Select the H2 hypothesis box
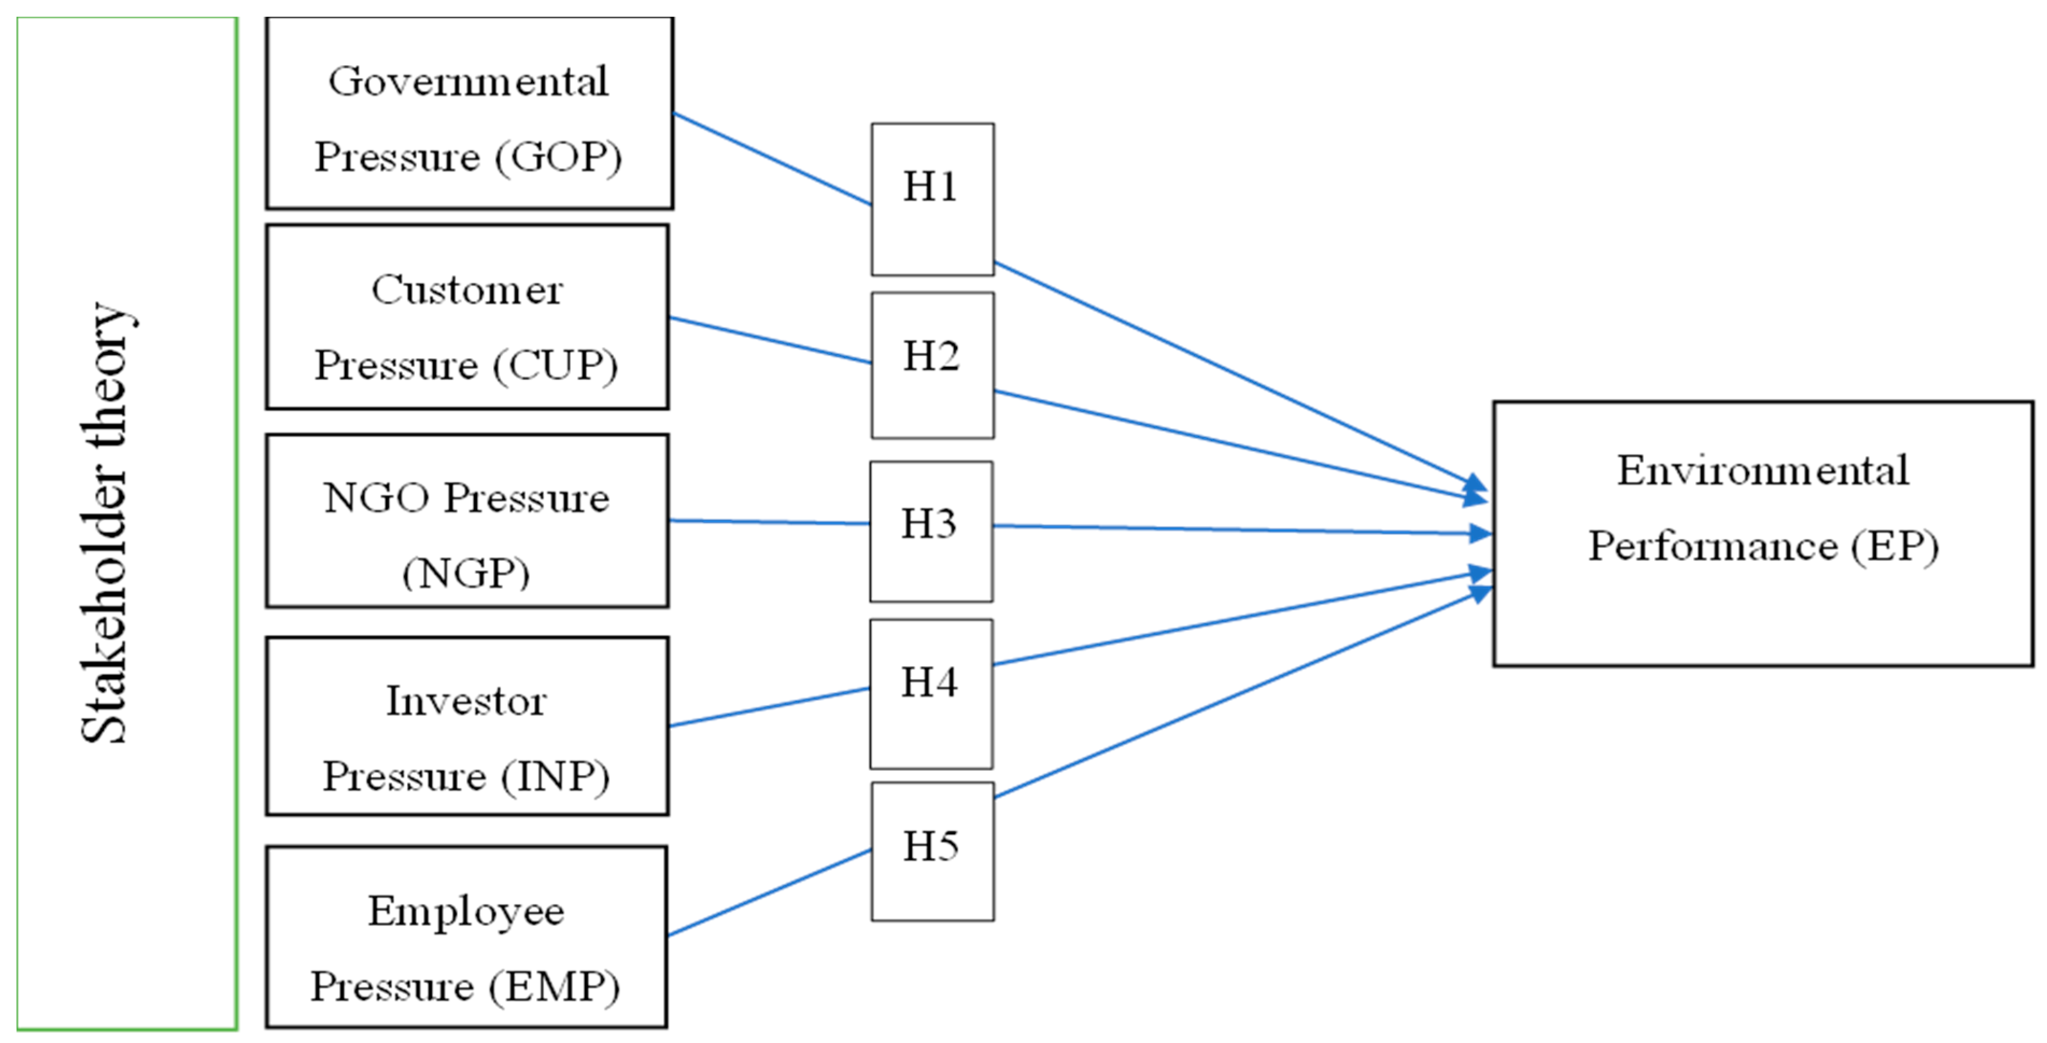tap(932, 365)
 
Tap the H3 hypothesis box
tap(931, 531)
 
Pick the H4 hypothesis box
tap(931, 693)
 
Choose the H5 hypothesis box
tap(932, 851)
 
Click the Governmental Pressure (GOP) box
tap(469, 113)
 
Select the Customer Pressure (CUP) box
tap(468, 317)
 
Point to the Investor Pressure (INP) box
tap(468, 725)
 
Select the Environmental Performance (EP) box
tap(1762, 533)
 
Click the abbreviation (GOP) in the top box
tap(558, 157)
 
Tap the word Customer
tap(468, 289)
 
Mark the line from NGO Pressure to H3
tap(769, 522)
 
